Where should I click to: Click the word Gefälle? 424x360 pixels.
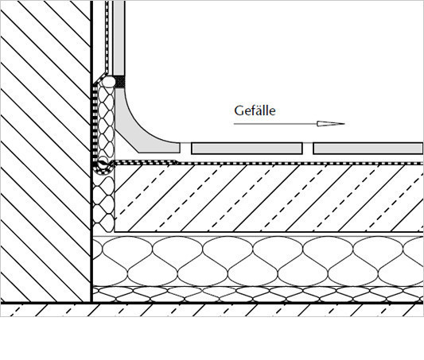(255, 110)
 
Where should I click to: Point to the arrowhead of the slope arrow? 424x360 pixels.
(331, 124)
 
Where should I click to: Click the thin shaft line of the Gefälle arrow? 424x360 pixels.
(275, 124)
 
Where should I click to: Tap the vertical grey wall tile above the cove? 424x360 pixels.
(119, 38)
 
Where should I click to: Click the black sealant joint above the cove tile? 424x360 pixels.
(120, 82)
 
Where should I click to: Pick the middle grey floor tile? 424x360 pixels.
(247, 149)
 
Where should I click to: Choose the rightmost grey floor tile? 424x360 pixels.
(368, 149)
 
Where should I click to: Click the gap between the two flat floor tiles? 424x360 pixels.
(308, 149)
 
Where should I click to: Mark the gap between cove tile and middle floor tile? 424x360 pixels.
(186, 148)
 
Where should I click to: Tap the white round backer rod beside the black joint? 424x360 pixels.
(109, 82)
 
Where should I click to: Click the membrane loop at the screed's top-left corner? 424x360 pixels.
(103, 165)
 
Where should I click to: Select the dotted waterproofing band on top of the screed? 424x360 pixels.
(268, 163)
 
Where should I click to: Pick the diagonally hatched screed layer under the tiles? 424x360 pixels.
(269, 198)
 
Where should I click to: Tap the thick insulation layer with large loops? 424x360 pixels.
(258, 261)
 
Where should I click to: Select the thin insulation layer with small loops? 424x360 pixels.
(258, 294)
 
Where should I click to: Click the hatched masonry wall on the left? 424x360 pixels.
(45, 151)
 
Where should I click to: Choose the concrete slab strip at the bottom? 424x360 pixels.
(212, 310)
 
